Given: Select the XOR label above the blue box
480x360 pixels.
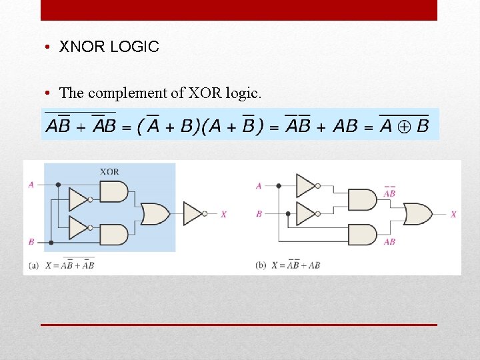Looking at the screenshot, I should [x=109, y=171].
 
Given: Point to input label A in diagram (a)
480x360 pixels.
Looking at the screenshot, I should [x=31, y=185].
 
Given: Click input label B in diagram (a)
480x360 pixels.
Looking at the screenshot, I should [x=31, y=241].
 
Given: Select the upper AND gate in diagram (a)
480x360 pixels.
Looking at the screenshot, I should [x=113, y=192].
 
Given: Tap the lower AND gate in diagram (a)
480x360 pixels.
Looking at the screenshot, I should [x=113, y=234].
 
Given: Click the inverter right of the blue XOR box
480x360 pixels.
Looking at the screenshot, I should [x=193, y=213].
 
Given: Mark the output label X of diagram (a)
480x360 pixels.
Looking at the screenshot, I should [x=223, y=215].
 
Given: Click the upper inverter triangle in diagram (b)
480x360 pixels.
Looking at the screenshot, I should [x=306, y=185].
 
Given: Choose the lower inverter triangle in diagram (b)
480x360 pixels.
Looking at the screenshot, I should [x=306, y=213].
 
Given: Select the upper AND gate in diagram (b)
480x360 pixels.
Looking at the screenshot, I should [x=362, y=199].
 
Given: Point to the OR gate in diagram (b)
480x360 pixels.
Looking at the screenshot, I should [x=417, y=214].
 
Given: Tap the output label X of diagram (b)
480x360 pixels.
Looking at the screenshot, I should [x=453, y=215].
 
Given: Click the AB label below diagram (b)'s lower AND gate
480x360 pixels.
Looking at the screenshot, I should [x=389, y=242].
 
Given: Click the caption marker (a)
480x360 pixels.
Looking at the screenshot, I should [x=34, y=265].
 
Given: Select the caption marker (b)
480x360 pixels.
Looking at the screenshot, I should [x=261, y=265].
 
